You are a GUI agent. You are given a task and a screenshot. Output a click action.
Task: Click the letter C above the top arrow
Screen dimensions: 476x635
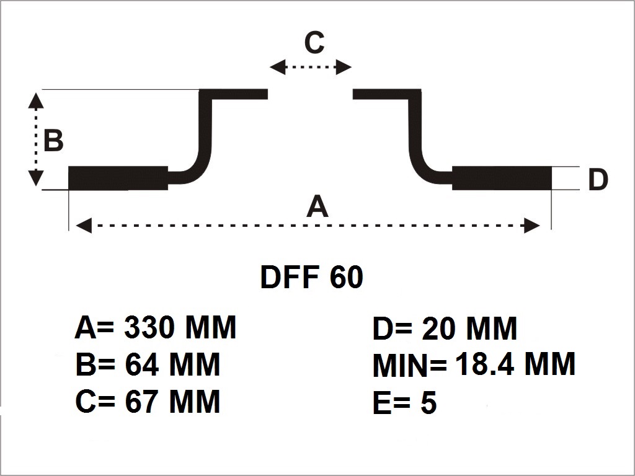tap(314, 43)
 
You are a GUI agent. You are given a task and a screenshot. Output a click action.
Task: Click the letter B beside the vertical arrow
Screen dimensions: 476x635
tap(53, 141)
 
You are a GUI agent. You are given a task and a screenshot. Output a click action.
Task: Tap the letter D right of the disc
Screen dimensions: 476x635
tap(597, 180)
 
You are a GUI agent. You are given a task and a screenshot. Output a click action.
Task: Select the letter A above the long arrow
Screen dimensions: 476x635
tap(317, 206)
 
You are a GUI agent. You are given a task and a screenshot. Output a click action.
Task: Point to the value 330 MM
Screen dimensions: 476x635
tap(180, 327)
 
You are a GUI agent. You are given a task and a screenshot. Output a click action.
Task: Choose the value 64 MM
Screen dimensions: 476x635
tap(172, 364)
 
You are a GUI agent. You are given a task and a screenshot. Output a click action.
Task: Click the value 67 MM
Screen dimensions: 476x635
tap(172, 402)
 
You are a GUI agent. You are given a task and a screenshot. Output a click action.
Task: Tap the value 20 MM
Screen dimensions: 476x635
tap(469, 328)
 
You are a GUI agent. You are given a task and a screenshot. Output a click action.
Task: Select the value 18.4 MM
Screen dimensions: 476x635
tap(515, 364)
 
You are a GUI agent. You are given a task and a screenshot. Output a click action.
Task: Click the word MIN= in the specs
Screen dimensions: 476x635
tap(409, 367)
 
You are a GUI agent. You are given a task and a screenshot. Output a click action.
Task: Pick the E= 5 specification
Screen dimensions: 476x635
tap(404, 403)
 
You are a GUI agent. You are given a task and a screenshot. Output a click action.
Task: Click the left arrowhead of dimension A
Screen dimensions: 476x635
tap(83, 226)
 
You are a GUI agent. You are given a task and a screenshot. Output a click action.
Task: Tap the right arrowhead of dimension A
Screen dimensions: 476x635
tap(532, 226)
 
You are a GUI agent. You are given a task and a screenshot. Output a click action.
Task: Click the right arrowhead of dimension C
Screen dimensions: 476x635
tap(344, 67)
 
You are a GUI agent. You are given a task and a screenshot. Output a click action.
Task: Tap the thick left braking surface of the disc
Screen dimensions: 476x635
tap(118, 178)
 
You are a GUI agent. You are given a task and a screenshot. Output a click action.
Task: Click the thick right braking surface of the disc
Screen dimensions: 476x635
tap(502, 178)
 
